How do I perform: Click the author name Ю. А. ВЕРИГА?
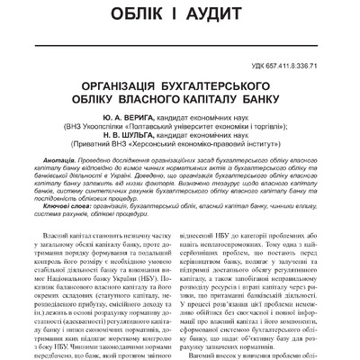coord(122,117)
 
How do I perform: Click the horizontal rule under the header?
coord(180,37)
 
